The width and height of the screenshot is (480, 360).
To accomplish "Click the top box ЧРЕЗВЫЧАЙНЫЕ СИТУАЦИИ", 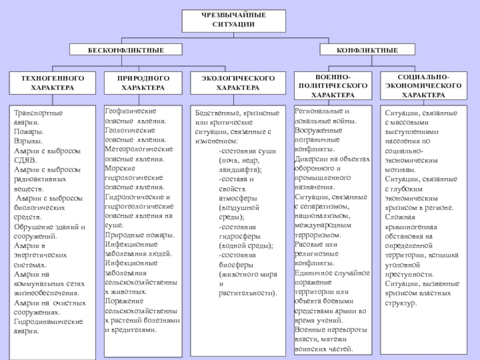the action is pyautogui.click(x=233, y=19).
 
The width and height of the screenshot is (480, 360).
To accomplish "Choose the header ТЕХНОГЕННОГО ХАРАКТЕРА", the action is pyautogui.click(x=53, y=83).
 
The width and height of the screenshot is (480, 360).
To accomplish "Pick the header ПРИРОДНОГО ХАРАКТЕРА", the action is pyautogui.click(x=143, y=83).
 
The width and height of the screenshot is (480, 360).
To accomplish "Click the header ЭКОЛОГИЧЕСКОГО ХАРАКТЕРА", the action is pyautogui.click(x=238, y=83).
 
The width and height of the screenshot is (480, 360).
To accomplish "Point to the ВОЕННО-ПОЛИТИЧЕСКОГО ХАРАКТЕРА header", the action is pyautogui.click(x=333, y=86).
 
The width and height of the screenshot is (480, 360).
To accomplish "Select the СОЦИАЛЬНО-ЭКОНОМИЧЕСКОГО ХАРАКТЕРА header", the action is pyautogui.click(x=424, y=86).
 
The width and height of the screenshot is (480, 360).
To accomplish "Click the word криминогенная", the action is pyautogui.click(x=411, y=227).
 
